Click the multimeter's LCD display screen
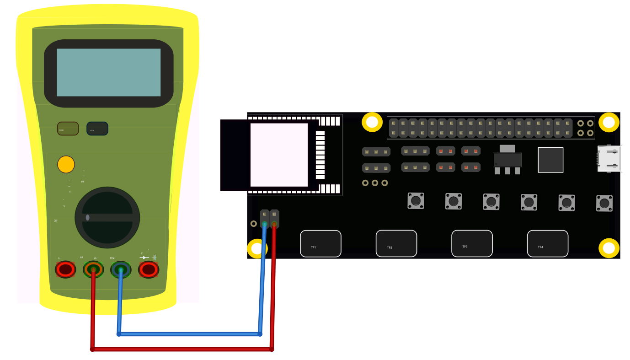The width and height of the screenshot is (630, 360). pyautogui.click(x=108, y=72)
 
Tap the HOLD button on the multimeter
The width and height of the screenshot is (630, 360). pyautogui.click(x=97, y=129)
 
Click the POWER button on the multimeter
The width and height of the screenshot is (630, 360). pyautogui.click(x=68, y=129)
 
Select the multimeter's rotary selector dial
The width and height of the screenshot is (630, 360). pyautogui.click(x=107, y=218)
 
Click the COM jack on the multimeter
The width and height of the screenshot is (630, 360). pyautogui.click(x=121, y=269)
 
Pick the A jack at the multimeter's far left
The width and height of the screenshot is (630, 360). pyautogui.click(x=65, y=269)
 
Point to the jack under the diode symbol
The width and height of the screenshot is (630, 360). pyautogui.click(x=149, y=269)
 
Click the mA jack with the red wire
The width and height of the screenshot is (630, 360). pyautogui.click(x=93, y=269)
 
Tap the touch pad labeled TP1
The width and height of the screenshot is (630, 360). pyautogui.click(x=320, y=243)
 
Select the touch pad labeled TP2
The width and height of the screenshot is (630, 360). pyautogui.click(x=396, y=243)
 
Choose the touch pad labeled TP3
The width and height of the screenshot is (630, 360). pyautogui.click(x=472, y=243)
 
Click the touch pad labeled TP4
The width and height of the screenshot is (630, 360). pyautogui.click(x=548, y=243)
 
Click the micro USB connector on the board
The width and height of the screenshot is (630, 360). pyautogui.click(x=609, y=159)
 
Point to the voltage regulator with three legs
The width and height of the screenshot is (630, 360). pyautogui.click(x=507, y=160)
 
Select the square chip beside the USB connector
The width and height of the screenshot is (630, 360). pyautogui.click(x=550, y=160)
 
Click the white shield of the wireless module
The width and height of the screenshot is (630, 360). pyautogui.click(x=279, y=155)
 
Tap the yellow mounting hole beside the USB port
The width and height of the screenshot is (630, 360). pyautogui.click(x=609, y=122)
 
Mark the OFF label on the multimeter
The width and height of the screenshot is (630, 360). pyautogui.click(x=56, y=220)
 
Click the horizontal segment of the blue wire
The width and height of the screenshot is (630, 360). pyautogui.click(x=189, y=334)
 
